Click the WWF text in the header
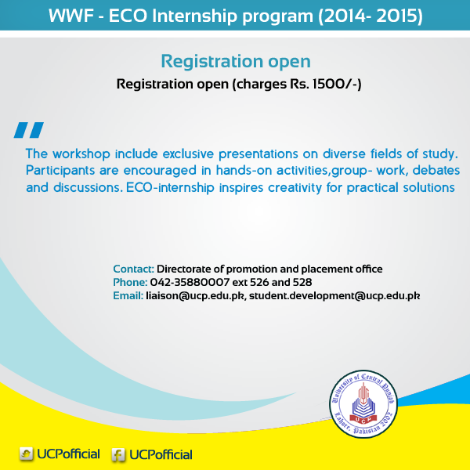point(70,16)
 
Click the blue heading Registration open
point(236,61)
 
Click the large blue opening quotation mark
point(29,130)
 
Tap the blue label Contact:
point(133,269)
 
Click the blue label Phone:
point(130,282)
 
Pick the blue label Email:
point(128,296)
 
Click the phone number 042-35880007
point(190,282)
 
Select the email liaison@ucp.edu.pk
point(196,296)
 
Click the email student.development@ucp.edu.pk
point(334,296)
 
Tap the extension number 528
point(302,282)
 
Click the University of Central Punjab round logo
point(363,403)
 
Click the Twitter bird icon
point(27,454)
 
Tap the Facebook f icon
point(118,454)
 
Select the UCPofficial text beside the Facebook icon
point(161,454)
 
